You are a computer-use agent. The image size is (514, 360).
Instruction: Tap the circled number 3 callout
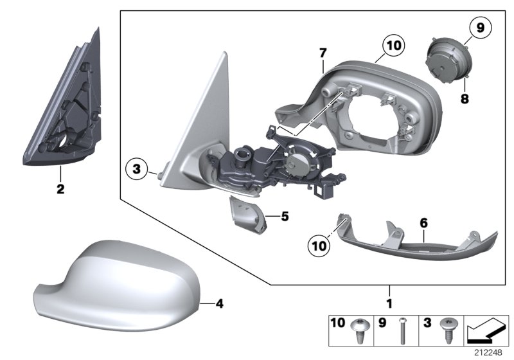coord(136,171)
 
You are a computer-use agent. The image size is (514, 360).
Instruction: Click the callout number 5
coord(285,217)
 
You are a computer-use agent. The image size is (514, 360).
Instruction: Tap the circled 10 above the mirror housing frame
coord(393,45)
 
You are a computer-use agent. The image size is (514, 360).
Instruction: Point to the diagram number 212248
coord(490,352)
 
